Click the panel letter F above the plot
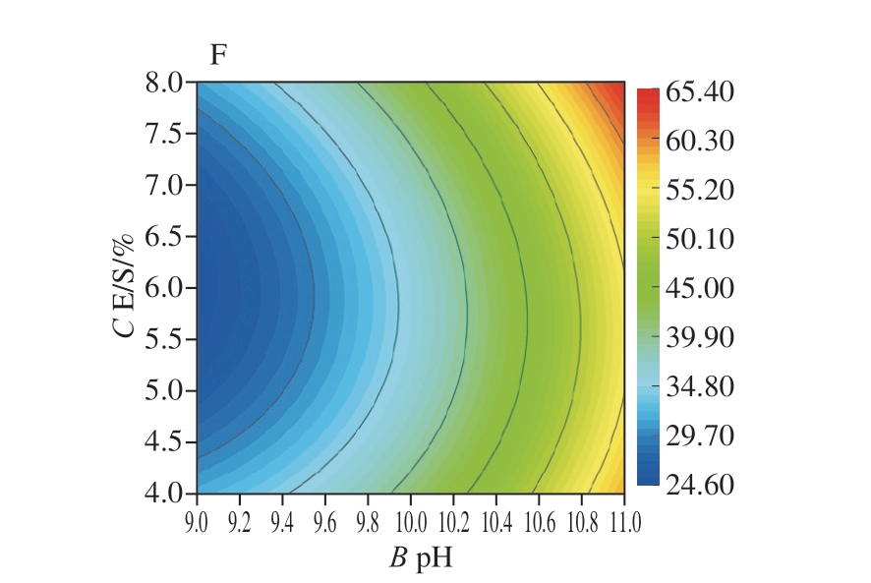point(218,55)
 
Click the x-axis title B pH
point(410,559)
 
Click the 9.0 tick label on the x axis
point(198,518)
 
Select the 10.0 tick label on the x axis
point(410,518)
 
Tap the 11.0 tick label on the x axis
point(623,518)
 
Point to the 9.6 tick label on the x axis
point(325,518)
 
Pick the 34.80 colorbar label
point(699,386)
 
